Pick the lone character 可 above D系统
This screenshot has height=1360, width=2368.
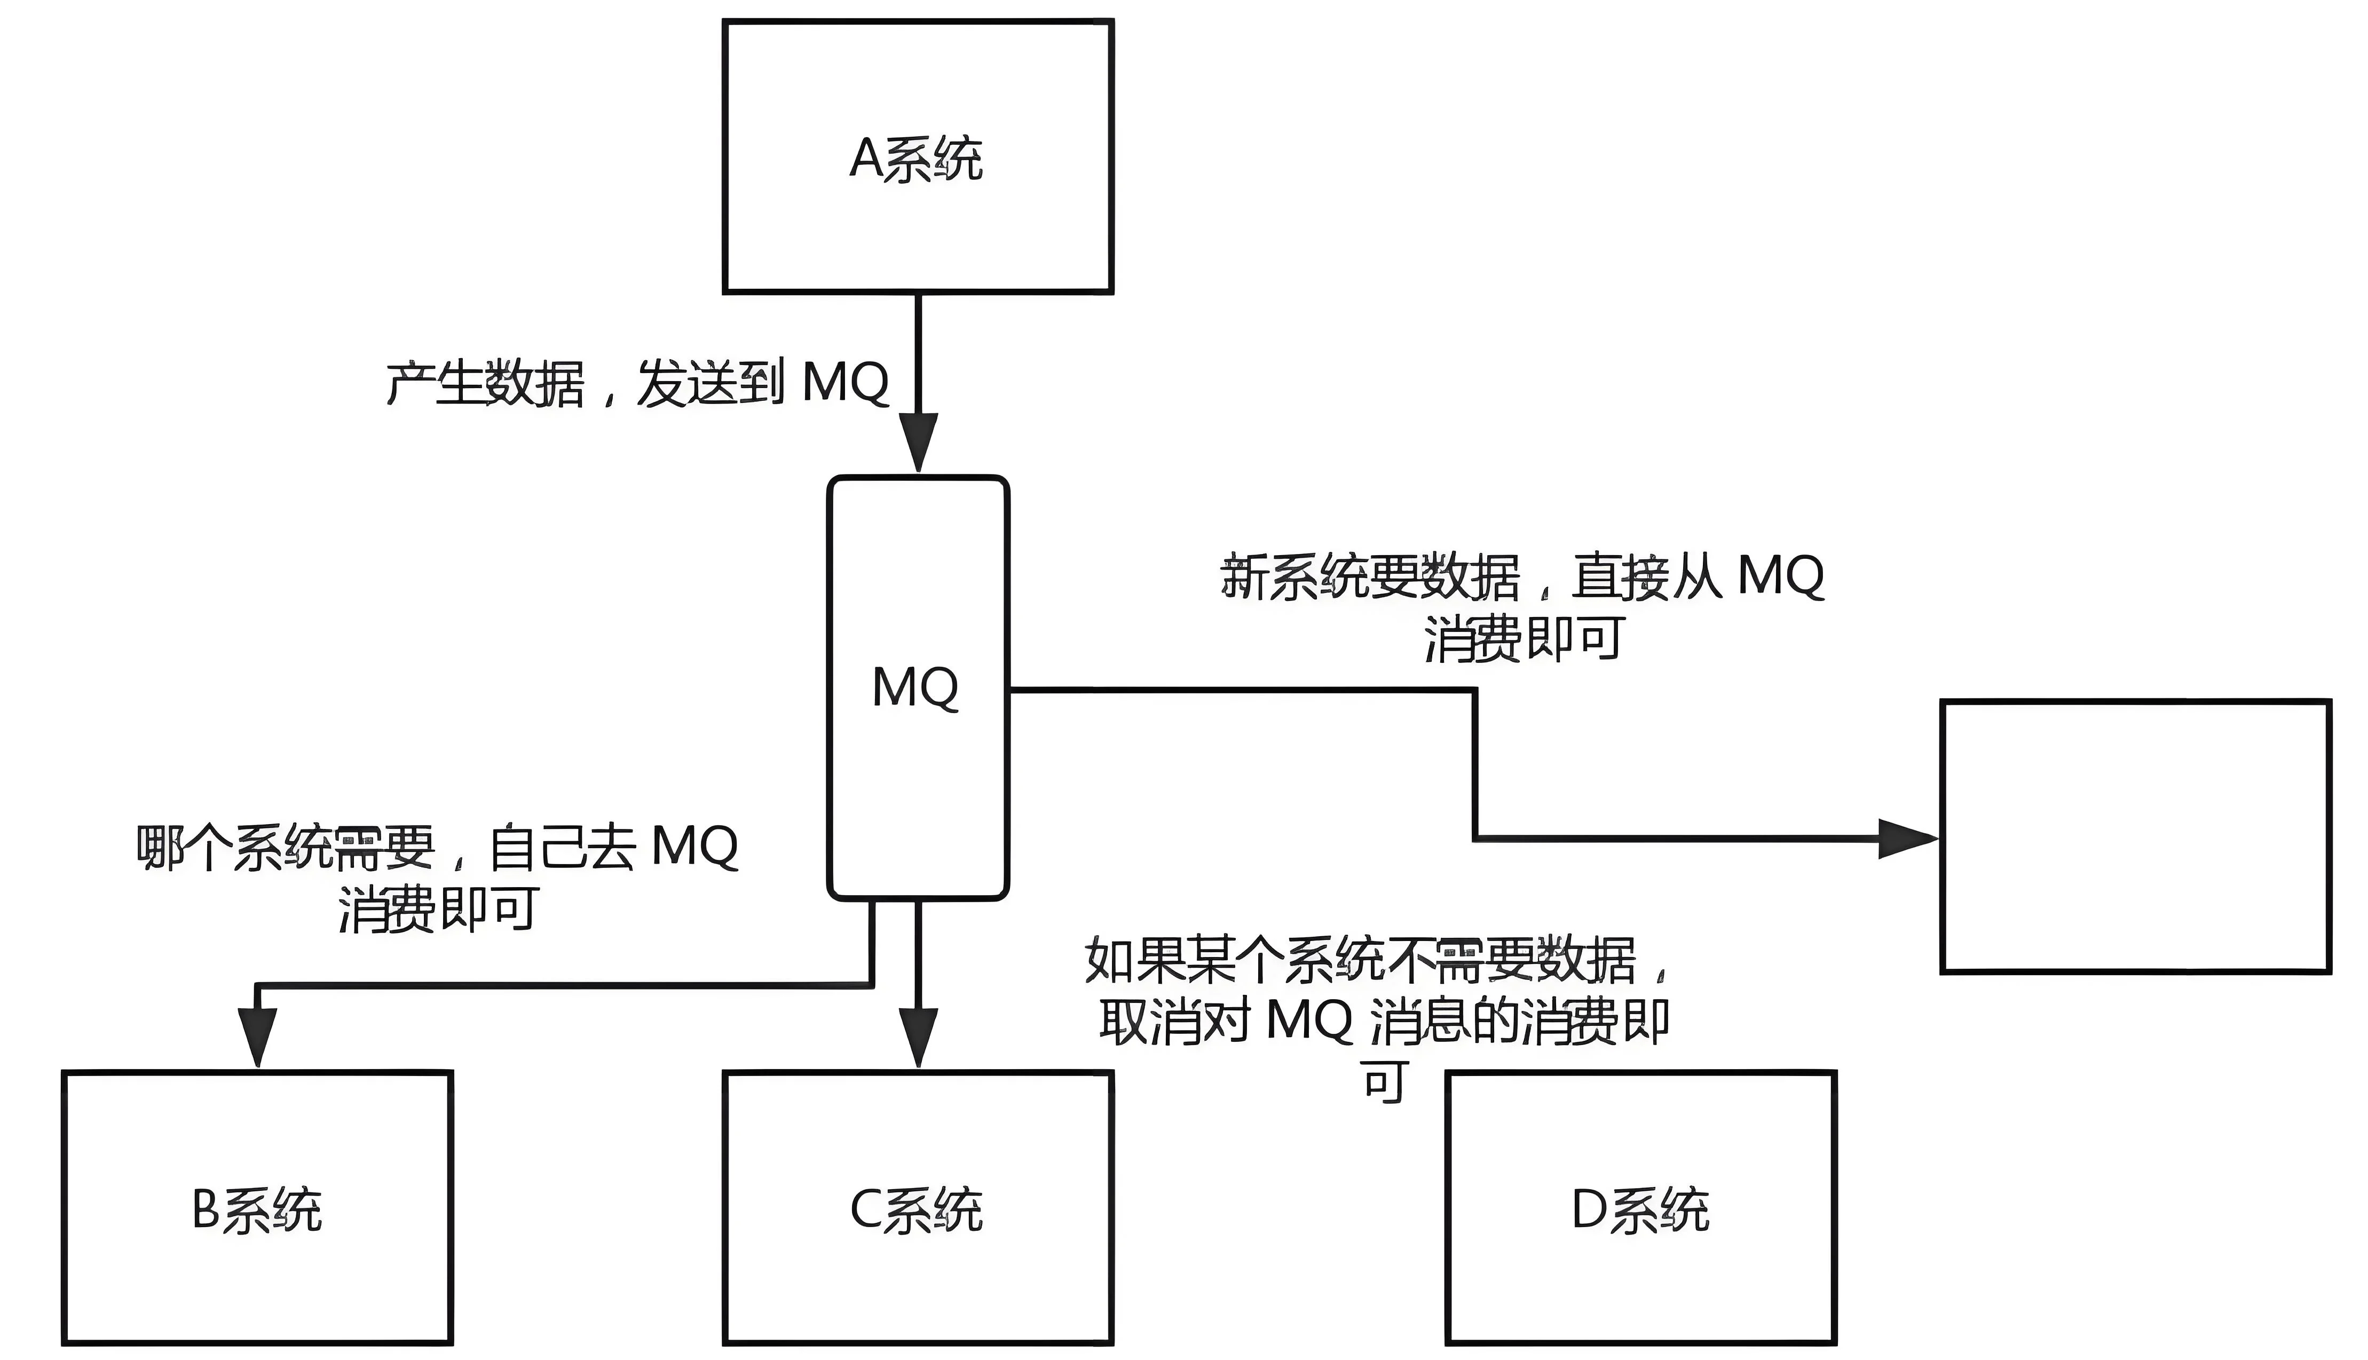(x=1384, y=1082)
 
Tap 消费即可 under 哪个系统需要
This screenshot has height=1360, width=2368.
(x=438, y=909)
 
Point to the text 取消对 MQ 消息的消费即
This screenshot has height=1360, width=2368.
(x=1384, y=1022)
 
